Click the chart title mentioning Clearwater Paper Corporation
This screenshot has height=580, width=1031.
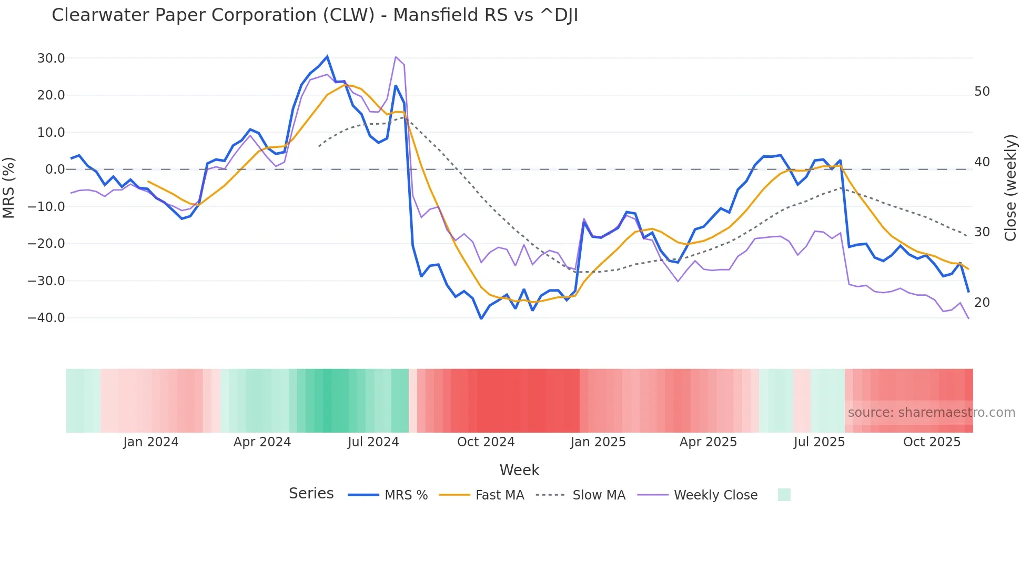tap(315, 15)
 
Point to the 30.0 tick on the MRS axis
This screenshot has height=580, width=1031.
tap(51, 58)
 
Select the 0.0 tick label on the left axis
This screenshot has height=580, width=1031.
tap(55, 169)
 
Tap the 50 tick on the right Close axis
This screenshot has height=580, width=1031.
tap(982, 92)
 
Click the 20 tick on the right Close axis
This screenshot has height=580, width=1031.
tap(982, 303)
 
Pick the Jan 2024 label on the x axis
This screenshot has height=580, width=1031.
tap(151, 442)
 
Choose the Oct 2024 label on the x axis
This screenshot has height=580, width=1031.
tap(486, 442)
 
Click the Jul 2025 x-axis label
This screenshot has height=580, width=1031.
tap(819, 442)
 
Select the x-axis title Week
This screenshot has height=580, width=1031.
tap(519, 470)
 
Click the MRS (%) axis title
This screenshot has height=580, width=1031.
tap(9, 188)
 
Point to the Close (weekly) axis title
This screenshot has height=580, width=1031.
tap(1010, 188)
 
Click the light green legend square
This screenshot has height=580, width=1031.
tap(784, 495)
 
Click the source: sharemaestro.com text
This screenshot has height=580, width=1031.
tap(931, 413)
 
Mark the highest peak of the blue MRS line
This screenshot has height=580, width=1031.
tap(327, 56)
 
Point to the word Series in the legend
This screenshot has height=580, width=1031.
tap(311, 494)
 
